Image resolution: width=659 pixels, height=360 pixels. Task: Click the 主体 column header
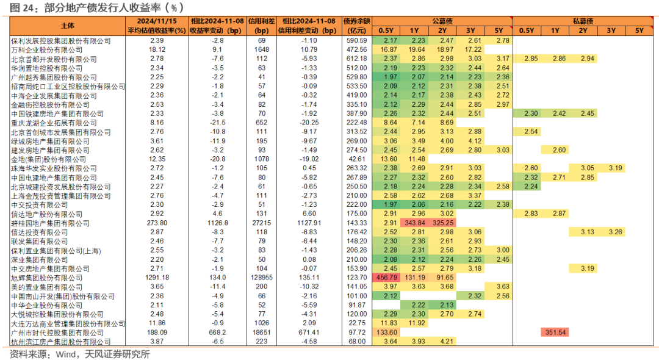(x=67, y=26)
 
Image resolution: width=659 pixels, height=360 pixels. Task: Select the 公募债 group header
(x=442, y=21)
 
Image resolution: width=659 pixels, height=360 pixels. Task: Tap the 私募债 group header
(x=581, y=21)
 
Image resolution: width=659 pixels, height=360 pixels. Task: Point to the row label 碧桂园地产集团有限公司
(x=51, y=223)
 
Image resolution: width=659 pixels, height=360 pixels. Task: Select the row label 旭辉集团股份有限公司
(x=47, y=278)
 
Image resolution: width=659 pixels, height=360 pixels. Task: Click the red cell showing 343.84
(x=414, y=223)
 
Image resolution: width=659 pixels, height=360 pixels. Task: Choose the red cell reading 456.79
(x=386, y=278)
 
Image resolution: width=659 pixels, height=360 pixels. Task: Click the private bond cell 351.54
(x=554, y=333)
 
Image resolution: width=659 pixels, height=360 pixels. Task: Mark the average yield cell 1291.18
(x=156, y=278)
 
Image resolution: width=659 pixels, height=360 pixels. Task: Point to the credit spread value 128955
(x=261, y=278)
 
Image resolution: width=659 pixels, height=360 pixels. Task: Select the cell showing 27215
(x=261, y=223)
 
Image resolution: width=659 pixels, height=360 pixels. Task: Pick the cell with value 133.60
(x=386, y=333)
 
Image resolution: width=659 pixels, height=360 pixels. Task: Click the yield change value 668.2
(x=217, y=333)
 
